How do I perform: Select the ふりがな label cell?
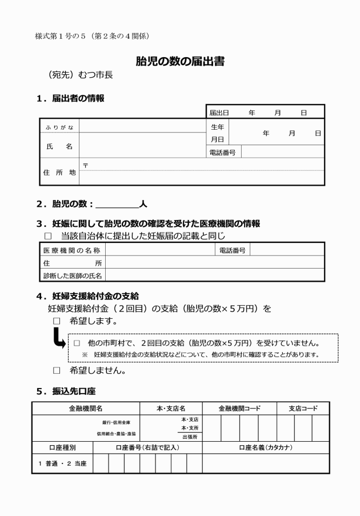click(x=59, y=127)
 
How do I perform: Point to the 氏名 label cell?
click(x=59, y=146)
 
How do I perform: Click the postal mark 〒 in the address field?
click(x=85, y=165)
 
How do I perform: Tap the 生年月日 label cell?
click(x=217, y=133)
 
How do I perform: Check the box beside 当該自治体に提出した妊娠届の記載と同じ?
click(x=49, y=235)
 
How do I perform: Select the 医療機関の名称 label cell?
click(x=72, y=250)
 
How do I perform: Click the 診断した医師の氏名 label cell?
click(x=72, y=276)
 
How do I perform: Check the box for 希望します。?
click(x=56, y=322)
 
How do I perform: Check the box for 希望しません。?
click(x=56, y=370)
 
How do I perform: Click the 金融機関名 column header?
click(x=85, y=409)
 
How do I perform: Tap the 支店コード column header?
click(x=302, y=409)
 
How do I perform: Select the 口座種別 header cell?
click(x=62, y=447)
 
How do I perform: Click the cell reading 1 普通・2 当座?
click(x=62, y=464)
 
